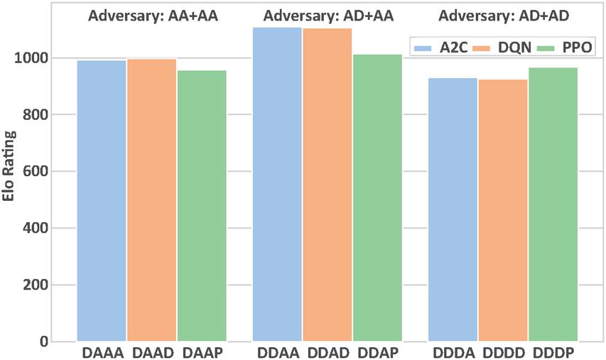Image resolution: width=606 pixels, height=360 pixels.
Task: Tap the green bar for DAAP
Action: click(202, 206)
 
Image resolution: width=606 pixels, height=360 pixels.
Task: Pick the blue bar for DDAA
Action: click(277, 185)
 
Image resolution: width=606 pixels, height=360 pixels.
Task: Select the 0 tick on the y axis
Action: click(63, 342)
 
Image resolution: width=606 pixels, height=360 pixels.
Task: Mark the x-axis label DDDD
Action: click(503, 353)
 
